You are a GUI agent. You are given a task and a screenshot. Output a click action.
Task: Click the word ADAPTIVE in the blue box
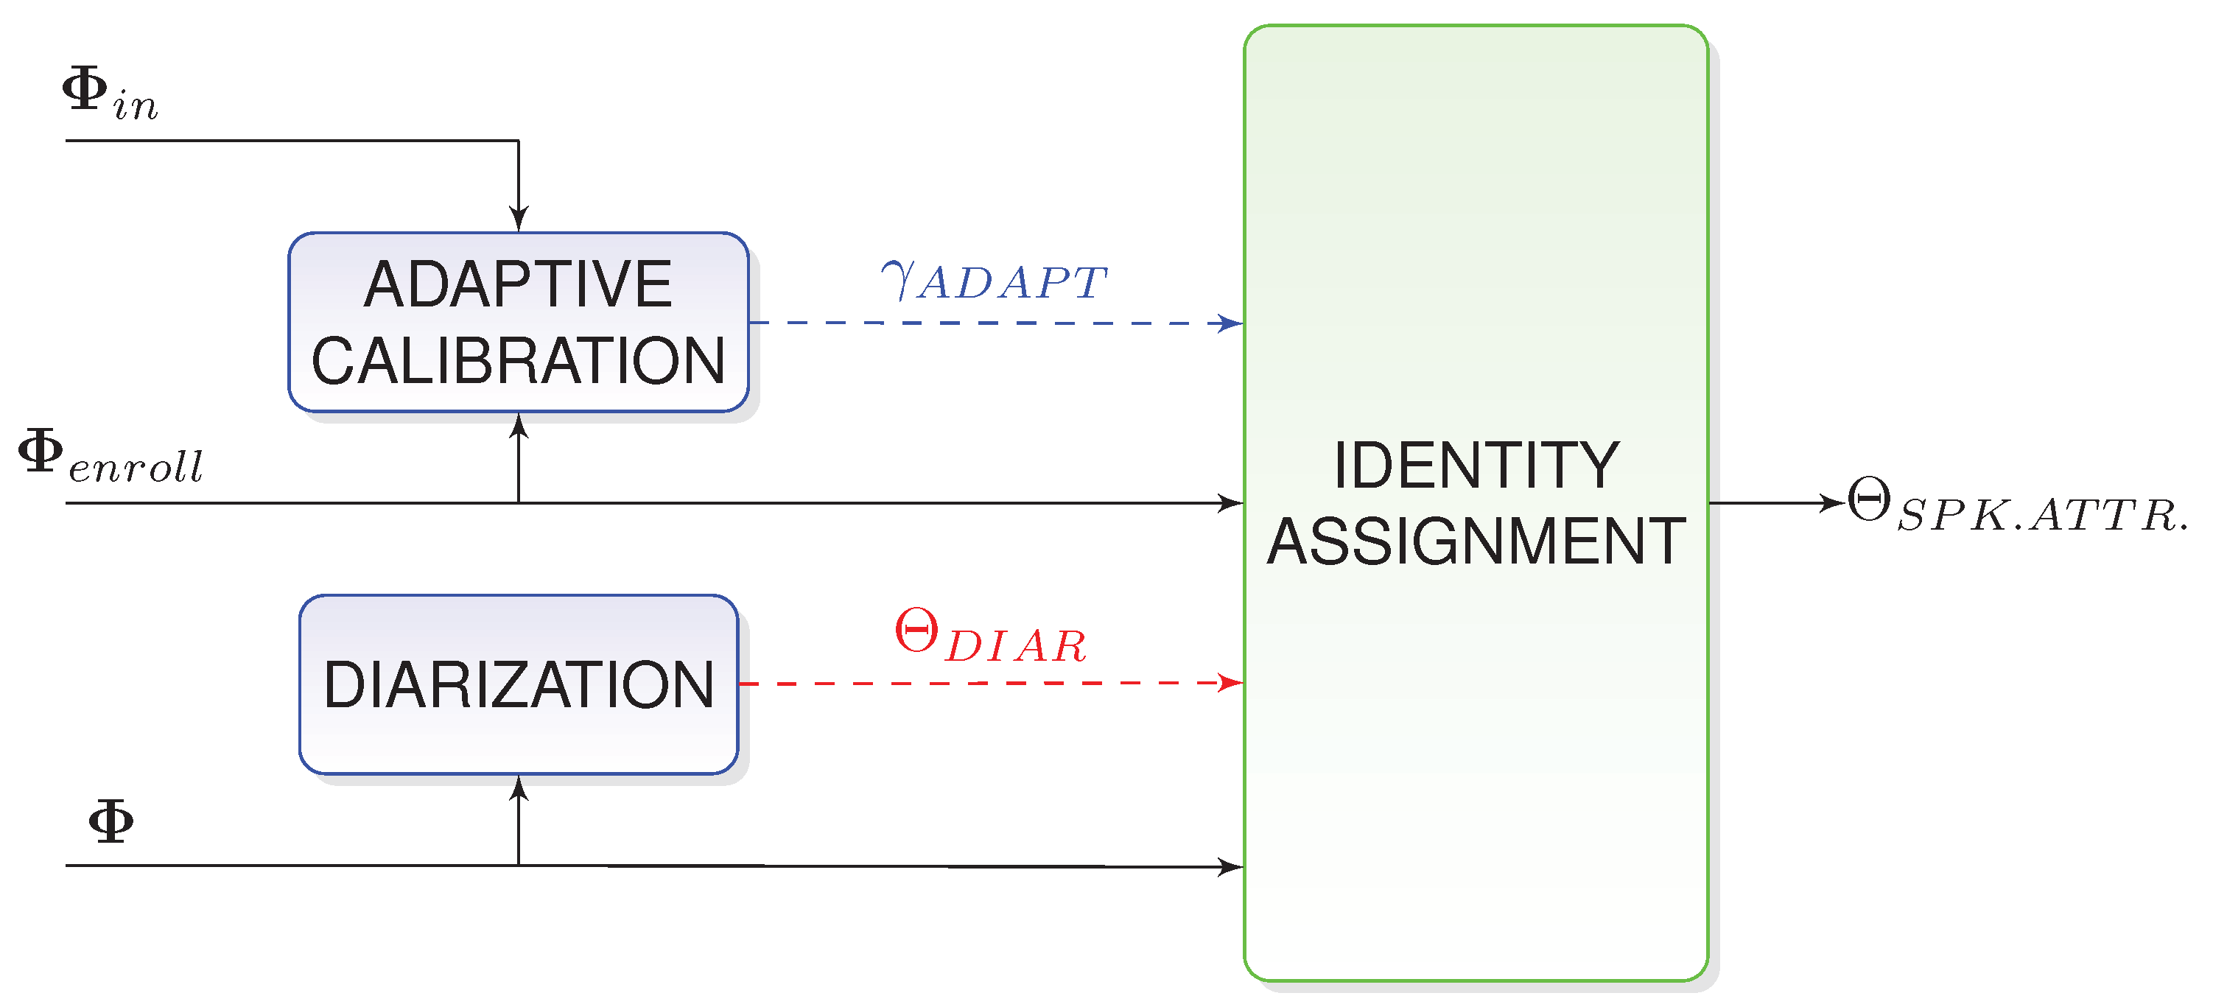click(x=518, y=284)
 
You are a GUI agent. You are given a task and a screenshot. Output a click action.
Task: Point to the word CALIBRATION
click(x=518, y=361)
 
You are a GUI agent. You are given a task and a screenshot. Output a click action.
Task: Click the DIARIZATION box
click(x=518, y=685)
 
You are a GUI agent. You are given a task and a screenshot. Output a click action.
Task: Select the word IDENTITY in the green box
click(x=1476, y=466)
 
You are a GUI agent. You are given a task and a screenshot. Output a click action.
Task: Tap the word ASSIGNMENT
click(x=1476, y=541)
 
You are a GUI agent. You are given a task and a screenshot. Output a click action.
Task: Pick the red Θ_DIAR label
click(x=991, y=637)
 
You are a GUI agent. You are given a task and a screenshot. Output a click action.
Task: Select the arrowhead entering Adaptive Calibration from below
click(x=519, y=424)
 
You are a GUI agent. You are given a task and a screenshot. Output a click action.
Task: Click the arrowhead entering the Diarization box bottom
click(x=519, y=787)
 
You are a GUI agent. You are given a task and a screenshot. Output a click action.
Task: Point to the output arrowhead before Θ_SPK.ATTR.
click(x=1835, y=502)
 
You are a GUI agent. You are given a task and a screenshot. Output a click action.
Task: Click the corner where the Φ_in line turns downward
click(x=519, y=141)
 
